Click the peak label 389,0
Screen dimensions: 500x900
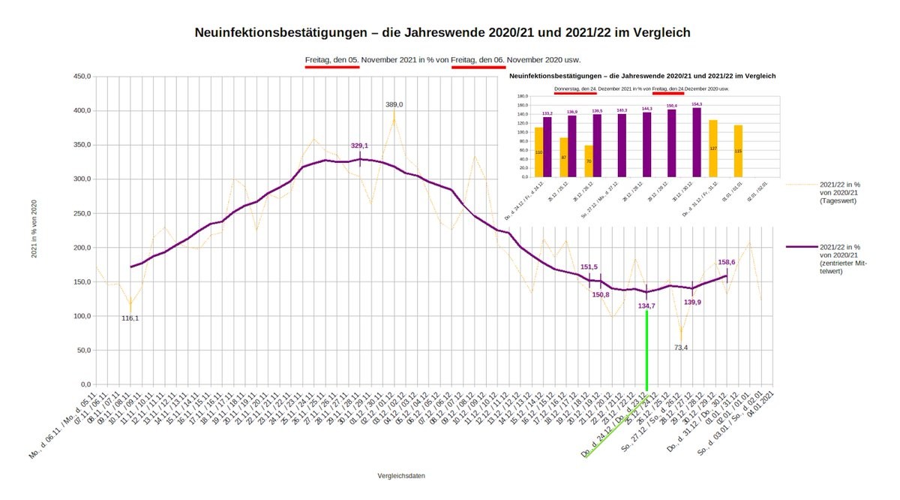[394, 105]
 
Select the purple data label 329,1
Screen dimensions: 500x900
[359, 146]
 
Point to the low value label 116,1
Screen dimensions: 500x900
[130, 318]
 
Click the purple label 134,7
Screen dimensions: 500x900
[645, 306]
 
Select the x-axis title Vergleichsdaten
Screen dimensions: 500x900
[403, 475]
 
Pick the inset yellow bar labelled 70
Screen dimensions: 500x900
[589, 161]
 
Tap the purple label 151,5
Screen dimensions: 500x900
[589, 267]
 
